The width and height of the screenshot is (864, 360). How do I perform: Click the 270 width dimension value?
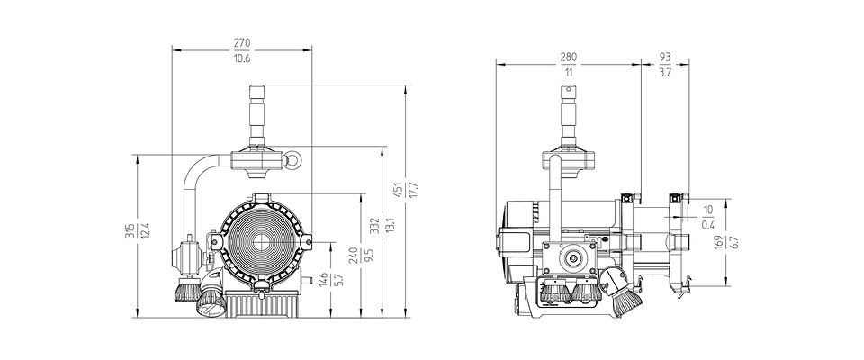[242, 42]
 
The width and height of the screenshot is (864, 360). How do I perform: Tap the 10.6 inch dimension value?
[242, 58]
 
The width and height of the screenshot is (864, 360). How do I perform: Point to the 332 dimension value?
[375, 226]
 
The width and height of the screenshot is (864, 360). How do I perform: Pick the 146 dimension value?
[325, 280]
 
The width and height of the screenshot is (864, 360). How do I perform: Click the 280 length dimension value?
[569, 57]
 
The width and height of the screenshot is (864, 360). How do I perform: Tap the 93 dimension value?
[665, 57]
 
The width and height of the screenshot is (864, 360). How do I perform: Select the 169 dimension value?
[717, 243]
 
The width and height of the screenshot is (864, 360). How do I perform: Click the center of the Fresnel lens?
[261, 240]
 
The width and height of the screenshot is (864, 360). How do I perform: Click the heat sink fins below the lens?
[261, 305]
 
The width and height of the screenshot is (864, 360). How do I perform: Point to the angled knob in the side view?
[623, 292]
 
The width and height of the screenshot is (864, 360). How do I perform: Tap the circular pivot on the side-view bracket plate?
[573, 258]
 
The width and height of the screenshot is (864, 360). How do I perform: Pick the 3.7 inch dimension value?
[665, 72]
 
